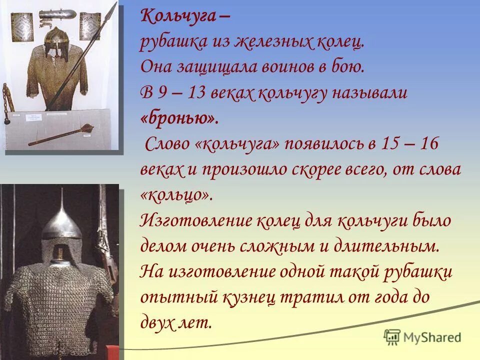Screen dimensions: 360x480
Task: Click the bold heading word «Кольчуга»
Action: [x=177, y=16]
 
